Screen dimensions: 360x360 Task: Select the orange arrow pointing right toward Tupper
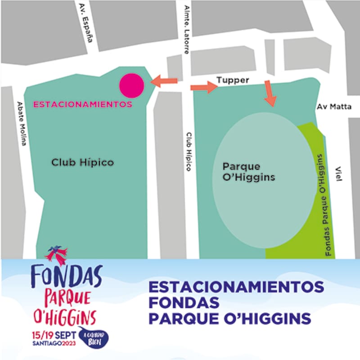pyautogui.click(x=204, y=87)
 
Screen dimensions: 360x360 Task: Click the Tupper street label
pyautogui.click(x=233, y=80)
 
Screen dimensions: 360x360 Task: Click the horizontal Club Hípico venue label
pyautogui.click(x=82, y=162)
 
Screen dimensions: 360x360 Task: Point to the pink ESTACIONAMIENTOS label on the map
pyautogui.click(x=83, y=104)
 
